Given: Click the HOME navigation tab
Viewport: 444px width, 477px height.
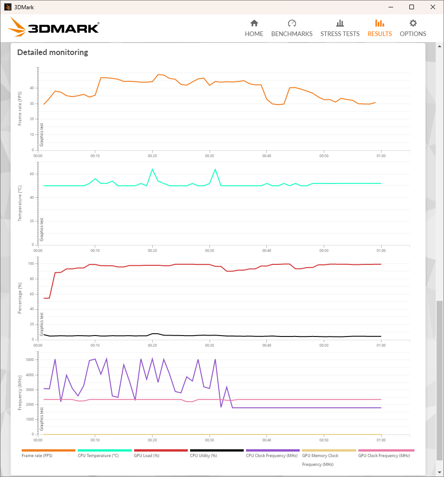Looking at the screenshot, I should [254, 28].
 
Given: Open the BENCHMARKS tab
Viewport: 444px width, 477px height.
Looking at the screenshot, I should [292, 28].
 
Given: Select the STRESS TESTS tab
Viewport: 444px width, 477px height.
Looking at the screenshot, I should [340, 28].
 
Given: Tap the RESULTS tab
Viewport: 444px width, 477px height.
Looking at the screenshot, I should [380, 28].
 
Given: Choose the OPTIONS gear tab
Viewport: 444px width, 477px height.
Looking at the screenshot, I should [413, 28].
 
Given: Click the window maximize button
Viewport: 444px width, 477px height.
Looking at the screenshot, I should [412, 7].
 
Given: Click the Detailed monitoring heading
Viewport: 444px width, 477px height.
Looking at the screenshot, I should [53, 52].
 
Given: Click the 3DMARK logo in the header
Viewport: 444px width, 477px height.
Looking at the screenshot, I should [54, 28].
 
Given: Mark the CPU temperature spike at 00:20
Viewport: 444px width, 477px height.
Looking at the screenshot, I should [152, 169].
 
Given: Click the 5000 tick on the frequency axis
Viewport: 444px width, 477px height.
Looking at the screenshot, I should [30, 360].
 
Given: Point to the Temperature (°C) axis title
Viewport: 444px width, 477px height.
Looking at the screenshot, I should [20, 203].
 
